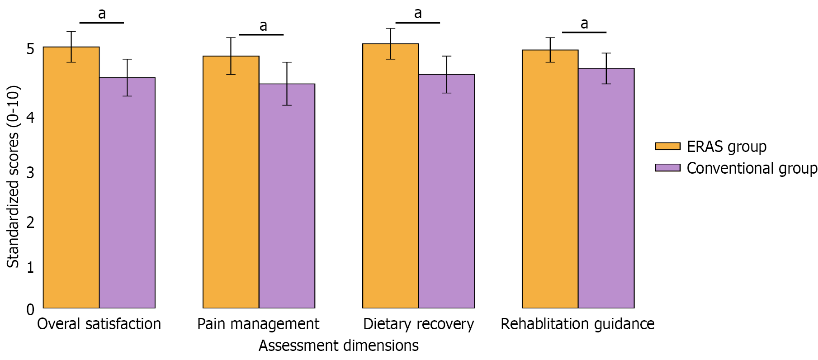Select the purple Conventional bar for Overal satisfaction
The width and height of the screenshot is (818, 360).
pyautogui.click(x=127, y=194)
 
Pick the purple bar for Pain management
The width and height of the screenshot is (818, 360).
pyautogui.click(x=287, y=199)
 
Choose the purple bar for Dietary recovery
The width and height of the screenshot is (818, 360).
pyautogui.click(x=446, y=194)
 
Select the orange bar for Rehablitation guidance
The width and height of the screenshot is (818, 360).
pyautogui.click(x=550, y=181)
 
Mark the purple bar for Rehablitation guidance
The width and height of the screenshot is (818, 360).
pyautogui.click(x=606, y=190)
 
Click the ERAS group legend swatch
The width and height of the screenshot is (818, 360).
pyautogui.click(x=667, y=146)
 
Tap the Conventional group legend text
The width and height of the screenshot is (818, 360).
pyautogui.click(x=752, y=168)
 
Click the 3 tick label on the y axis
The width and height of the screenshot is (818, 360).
pyautogui.click(x=30, y=172)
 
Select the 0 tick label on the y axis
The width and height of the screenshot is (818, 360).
pyautogui.click(x=30, y=310)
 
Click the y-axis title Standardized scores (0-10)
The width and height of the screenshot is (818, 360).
pyautogui.click(x=13, y=176)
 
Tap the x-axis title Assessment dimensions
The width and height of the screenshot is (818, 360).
pyautogui.click(x=338, y=346)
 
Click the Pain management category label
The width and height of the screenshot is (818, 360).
pyautogui.click(x=258, y=324)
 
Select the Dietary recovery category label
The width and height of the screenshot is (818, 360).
pyautogui.click(x=418, y=324)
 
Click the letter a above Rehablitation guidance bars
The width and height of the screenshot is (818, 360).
pyautogui.click(x=584, y=24)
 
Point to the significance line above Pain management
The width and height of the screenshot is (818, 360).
pyautogui.click(x=261, y=34)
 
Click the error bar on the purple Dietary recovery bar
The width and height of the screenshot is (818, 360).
pyautogui.click(x=446, y=75)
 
